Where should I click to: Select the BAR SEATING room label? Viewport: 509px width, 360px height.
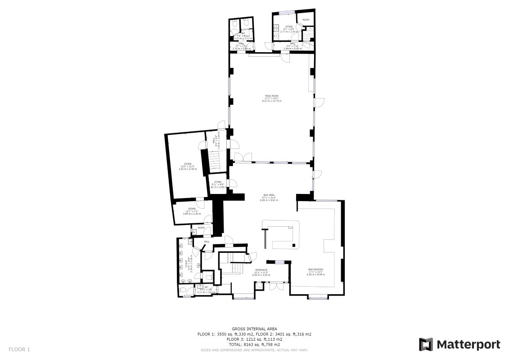coord(315,270)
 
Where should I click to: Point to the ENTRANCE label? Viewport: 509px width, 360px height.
coord(261,270)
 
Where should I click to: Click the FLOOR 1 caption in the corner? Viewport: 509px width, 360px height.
coord(19,349)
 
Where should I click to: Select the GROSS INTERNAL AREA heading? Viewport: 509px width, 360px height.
coord(254,329)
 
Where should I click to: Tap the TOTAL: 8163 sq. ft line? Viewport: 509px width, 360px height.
coord(254,344)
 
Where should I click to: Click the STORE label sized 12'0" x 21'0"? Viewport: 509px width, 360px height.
coord(188,164)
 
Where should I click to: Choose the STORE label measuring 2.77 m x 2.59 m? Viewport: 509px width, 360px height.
coord(288,27)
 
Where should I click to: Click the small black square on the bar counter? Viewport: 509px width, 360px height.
coord(293,245)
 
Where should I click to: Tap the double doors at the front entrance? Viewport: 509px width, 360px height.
coord(274,287)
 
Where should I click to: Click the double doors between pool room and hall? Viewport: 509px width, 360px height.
coord(240,157)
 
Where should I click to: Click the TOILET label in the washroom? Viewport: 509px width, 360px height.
coord(186,262)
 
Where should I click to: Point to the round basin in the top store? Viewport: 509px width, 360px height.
coord(275,35)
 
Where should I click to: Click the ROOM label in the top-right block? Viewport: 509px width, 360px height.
coord(306,20)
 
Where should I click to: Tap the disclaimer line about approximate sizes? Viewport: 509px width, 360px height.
coord(254,350)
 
